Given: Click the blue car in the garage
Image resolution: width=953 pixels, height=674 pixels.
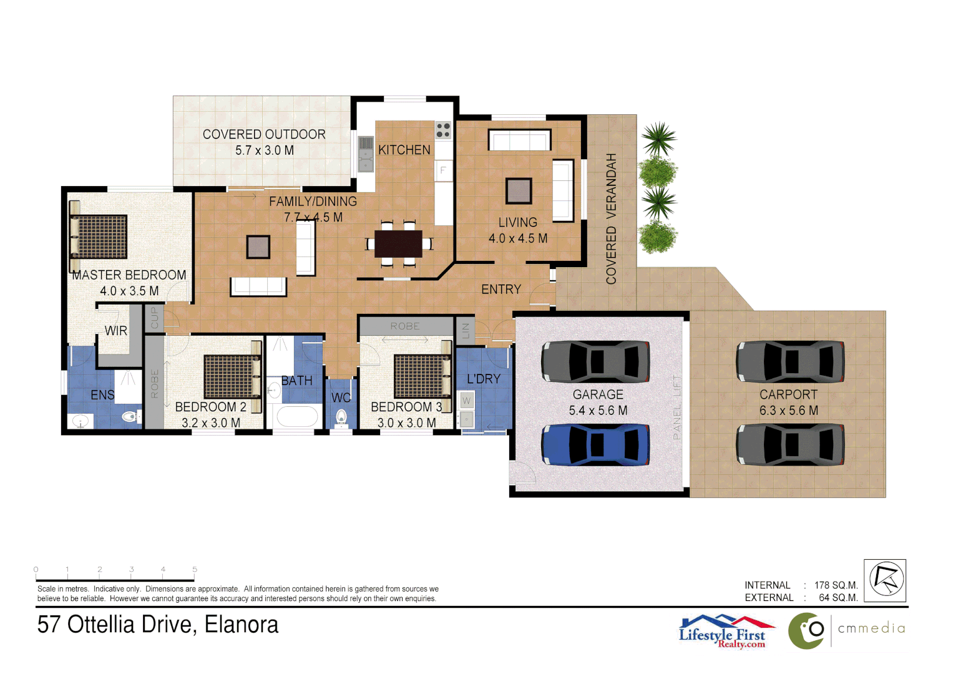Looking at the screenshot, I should tap(595, 445).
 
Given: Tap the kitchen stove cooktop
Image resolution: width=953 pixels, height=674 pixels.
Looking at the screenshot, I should tap(443, 130).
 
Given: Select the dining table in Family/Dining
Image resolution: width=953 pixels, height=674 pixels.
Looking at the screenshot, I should tap(399, 243).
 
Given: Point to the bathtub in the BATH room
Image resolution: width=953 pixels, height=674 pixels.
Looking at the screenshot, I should tap(296, 416).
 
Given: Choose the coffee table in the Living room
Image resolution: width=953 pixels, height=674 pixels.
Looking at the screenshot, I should tap(519, 191).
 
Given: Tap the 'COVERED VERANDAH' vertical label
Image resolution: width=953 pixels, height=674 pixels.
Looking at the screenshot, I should tap(611, 218).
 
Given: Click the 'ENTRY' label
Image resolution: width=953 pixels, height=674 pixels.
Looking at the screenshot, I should tap(501, 290).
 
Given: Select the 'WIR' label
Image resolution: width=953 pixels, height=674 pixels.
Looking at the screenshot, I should tap(115, 331).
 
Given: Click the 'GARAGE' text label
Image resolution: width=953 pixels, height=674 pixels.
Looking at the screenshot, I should tap(598, 394).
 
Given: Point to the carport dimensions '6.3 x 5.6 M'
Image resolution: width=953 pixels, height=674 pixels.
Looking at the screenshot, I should tap(788, 411).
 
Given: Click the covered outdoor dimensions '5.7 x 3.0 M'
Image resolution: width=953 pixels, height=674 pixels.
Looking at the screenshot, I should tap(264, 150).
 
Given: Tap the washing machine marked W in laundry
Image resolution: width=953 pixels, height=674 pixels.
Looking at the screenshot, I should tap(466, 400).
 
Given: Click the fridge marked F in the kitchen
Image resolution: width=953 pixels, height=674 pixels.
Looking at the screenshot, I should tap(443, 170).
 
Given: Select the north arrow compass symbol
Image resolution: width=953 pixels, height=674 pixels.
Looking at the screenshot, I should tap(885, 580).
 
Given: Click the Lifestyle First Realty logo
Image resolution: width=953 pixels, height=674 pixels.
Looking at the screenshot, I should tap(726, 632).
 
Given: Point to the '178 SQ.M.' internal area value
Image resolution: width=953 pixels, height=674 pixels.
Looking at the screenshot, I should tap(836, 585).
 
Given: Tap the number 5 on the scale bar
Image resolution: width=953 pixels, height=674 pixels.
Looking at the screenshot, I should tap(195, 569).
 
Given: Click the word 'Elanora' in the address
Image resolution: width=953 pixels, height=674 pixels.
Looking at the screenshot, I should tap(242, 625).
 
